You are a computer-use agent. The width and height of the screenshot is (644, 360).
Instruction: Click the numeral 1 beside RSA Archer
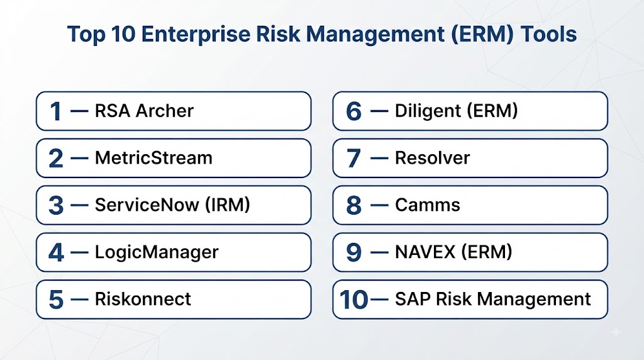pyautogui.click(x=56, y=111)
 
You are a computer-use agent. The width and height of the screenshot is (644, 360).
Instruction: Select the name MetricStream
pyautogui.click(x=153, y=158)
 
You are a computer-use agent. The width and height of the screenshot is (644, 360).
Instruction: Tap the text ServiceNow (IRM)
pyautogui.click(x=172, y=205)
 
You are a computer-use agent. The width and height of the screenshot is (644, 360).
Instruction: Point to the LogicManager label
pyautogui.click(x=157, y=252)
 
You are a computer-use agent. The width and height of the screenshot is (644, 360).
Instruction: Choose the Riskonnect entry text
pyautogui.click(x=143, y=299)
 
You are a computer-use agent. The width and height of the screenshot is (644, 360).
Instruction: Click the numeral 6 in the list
pyautogui.click(x=353, y=111)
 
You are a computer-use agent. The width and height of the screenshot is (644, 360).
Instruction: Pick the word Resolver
pyautogui.click(x=433, y=158)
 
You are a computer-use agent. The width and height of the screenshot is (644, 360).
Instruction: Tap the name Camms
pyautogui.click(x=428, y=205)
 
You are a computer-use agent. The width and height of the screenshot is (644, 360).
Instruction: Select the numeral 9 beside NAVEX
pyautogui.click(x=353, y=252)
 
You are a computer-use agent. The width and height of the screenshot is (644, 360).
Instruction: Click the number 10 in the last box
pyautogui.click(x=354, y=300)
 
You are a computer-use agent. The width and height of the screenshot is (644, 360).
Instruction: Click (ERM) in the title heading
pyautogui.click(x=482, y=34)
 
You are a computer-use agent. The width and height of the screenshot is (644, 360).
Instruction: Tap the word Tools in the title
pyautogui.click(x=548, y=34)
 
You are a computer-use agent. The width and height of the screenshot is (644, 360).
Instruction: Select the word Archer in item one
pyautogui.click(x=164, y=111)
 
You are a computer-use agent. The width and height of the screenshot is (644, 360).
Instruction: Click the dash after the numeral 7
pyautogui.click(x=379, y=158)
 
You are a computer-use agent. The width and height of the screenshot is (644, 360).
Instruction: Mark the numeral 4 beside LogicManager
pyautogui.click(x=56, y=252)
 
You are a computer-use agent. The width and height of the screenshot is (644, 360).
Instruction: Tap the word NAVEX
pyautogui.click(x=425, y=252)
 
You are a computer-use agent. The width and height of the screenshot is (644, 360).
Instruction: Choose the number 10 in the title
pyautogui.click(x=123, y=34)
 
